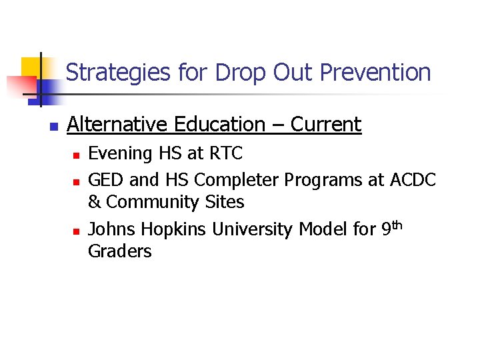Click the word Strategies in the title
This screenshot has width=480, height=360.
119,72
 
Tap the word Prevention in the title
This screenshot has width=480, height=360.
375,72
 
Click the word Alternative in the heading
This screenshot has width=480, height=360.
119,125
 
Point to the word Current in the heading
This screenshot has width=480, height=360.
325,125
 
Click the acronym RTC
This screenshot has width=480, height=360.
226,154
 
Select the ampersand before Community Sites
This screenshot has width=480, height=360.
94,201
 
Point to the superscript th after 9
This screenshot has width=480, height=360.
398,225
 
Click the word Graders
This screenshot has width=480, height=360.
120,251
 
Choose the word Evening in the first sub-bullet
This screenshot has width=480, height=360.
121,154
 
